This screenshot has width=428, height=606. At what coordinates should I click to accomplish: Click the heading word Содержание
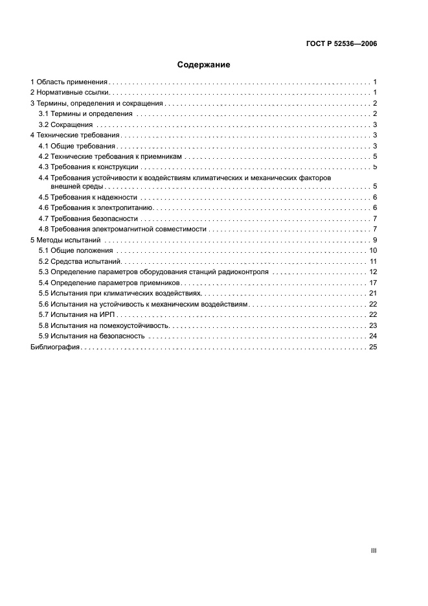[x=203, y=65]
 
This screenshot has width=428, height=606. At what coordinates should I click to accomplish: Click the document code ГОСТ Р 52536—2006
[x=341, y=44]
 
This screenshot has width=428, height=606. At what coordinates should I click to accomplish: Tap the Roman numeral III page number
[x=374, y=550]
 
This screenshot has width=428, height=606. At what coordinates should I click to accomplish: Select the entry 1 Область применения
[x=69, y=82]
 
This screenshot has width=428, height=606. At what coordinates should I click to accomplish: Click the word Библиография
[x=55, y=347]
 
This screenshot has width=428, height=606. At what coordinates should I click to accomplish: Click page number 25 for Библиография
[x=373, y=347]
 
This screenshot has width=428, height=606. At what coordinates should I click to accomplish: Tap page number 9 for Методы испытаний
[x=375, y=240]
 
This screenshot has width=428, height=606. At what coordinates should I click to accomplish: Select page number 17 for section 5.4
[x=373, y=283]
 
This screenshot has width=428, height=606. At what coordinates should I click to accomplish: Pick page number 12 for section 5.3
[x=373, y=272]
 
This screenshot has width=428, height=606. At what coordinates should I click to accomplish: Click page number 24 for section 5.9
[x=373, y=336]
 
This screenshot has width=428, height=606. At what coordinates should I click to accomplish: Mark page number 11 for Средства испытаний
[x=373, y=261]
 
